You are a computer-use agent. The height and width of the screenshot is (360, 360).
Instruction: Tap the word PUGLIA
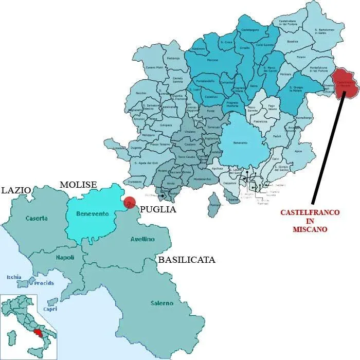point(158,209)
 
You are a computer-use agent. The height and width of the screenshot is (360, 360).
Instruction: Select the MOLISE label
point(78,185)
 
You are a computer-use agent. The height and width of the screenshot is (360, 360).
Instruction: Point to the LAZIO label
point(15,190)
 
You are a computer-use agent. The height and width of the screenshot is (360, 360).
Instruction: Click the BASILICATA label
point(187,260)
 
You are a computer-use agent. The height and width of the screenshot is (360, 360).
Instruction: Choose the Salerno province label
point(162,303)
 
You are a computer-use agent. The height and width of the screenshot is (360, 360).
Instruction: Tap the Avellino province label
point(142,239)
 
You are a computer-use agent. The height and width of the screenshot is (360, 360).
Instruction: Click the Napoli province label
point(65,257)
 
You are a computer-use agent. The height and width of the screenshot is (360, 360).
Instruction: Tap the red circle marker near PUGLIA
point(130,203)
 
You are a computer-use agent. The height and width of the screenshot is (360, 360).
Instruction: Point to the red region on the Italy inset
point(37,333)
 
